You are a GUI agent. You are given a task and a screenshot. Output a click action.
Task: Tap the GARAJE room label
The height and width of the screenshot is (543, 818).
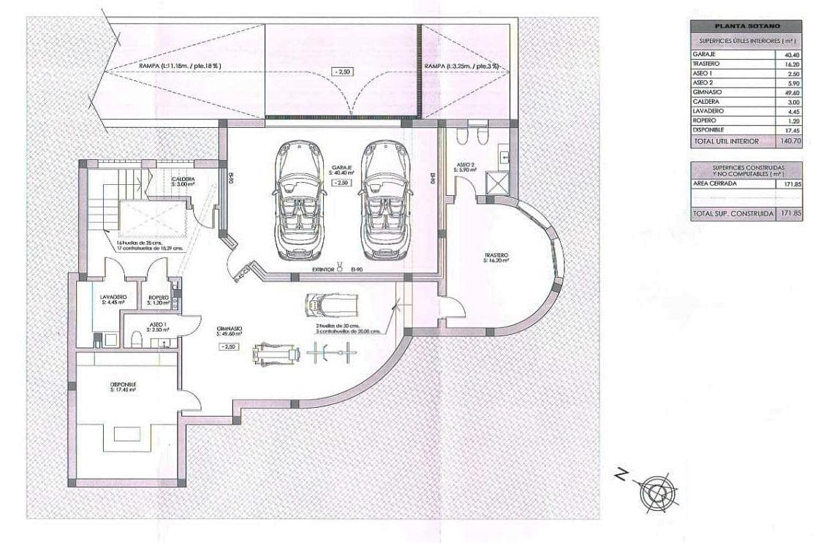pos(341,168)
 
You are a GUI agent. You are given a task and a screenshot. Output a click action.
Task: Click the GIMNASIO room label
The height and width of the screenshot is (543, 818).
pos(229,330)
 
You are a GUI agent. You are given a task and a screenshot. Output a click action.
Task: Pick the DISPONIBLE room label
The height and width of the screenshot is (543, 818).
pos(124,384)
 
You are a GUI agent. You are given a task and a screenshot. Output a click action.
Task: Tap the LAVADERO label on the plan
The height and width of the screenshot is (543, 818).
pos(114,297)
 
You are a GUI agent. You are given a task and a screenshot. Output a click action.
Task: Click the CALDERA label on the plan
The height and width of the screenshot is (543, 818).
pos(183,179)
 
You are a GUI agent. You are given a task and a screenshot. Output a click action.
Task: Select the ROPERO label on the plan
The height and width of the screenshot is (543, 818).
pos(159,297)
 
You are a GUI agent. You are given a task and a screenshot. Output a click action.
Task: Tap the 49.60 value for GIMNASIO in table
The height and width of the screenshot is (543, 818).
pos(791,93)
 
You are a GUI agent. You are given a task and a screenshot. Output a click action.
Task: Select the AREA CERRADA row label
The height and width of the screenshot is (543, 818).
pos(715,183)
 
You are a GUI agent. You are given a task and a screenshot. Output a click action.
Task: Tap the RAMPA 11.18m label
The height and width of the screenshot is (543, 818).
pos(179,66)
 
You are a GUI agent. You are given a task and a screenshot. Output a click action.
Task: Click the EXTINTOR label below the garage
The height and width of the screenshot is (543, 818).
pos(323,270)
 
